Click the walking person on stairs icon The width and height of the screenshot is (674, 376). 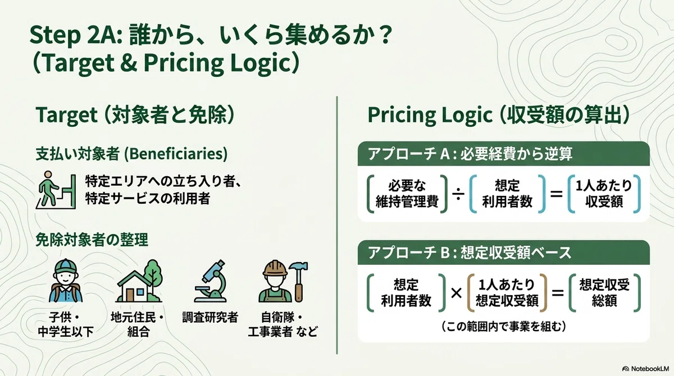pos(56,190)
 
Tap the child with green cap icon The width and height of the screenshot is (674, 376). pos(66,281)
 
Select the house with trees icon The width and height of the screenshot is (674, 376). pos(139,281)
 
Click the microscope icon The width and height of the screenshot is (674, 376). pos(211,281)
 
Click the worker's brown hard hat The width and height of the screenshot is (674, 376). pos(275,269)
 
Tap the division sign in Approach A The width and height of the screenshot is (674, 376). pos(458,194)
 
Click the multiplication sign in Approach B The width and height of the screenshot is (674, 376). pos(456,293)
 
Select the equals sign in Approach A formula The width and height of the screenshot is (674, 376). pos(557,194)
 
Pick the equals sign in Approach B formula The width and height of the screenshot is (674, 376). pos(557,293)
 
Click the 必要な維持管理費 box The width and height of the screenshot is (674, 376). pos(407,194)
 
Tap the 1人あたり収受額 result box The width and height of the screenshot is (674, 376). pos(604,194)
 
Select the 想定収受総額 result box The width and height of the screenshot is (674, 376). pos(604,293)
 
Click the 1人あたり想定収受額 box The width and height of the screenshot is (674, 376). pos(507,293)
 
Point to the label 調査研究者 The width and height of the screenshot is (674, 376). pos(210,318)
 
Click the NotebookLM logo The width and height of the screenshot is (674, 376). pos(645,369)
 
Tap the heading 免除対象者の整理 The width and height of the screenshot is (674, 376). pos(92,240)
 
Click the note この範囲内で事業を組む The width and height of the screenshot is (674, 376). pos(503,326)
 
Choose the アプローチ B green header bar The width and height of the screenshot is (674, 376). pos(503,252)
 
